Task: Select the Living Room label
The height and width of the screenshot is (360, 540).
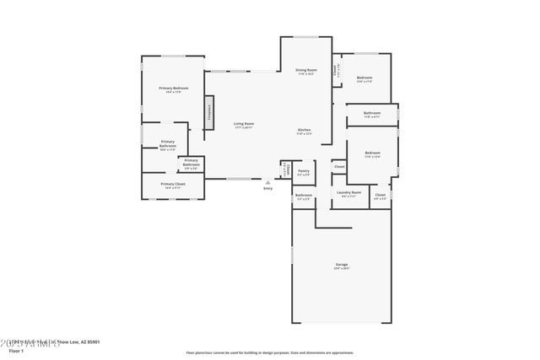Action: (x=243, y=124)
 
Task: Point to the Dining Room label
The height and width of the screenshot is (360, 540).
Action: (x=305, y=71)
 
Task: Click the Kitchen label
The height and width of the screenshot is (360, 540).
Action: (x=303, y=131)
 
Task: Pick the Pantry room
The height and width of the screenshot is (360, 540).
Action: (x=303, y=172)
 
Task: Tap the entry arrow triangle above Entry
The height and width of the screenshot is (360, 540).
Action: (x=268, y=181)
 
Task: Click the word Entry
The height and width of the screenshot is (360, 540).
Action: (x=268, y=188)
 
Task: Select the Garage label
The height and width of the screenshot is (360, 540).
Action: (x=342, y=266)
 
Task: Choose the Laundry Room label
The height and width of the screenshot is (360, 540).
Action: (x=348, y=193)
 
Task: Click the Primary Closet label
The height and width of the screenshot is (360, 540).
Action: (x=173, y=185)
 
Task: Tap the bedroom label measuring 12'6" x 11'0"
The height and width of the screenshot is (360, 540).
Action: (x=364, y=79)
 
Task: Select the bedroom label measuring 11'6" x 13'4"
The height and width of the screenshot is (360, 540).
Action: (x=372, y=154)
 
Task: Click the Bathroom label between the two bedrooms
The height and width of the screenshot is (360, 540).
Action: (x=372, y=114)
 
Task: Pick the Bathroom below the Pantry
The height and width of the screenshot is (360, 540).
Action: (x=303, y=197)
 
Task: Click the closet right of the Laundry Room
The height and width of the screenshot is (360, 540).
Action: (x=381, y=196)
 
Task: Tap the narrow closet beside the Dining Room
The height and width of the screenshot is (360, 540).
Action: (x=336, y=72)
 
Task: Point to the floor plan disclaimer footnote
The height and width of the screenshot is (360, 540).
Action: (x=269, y=352)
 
